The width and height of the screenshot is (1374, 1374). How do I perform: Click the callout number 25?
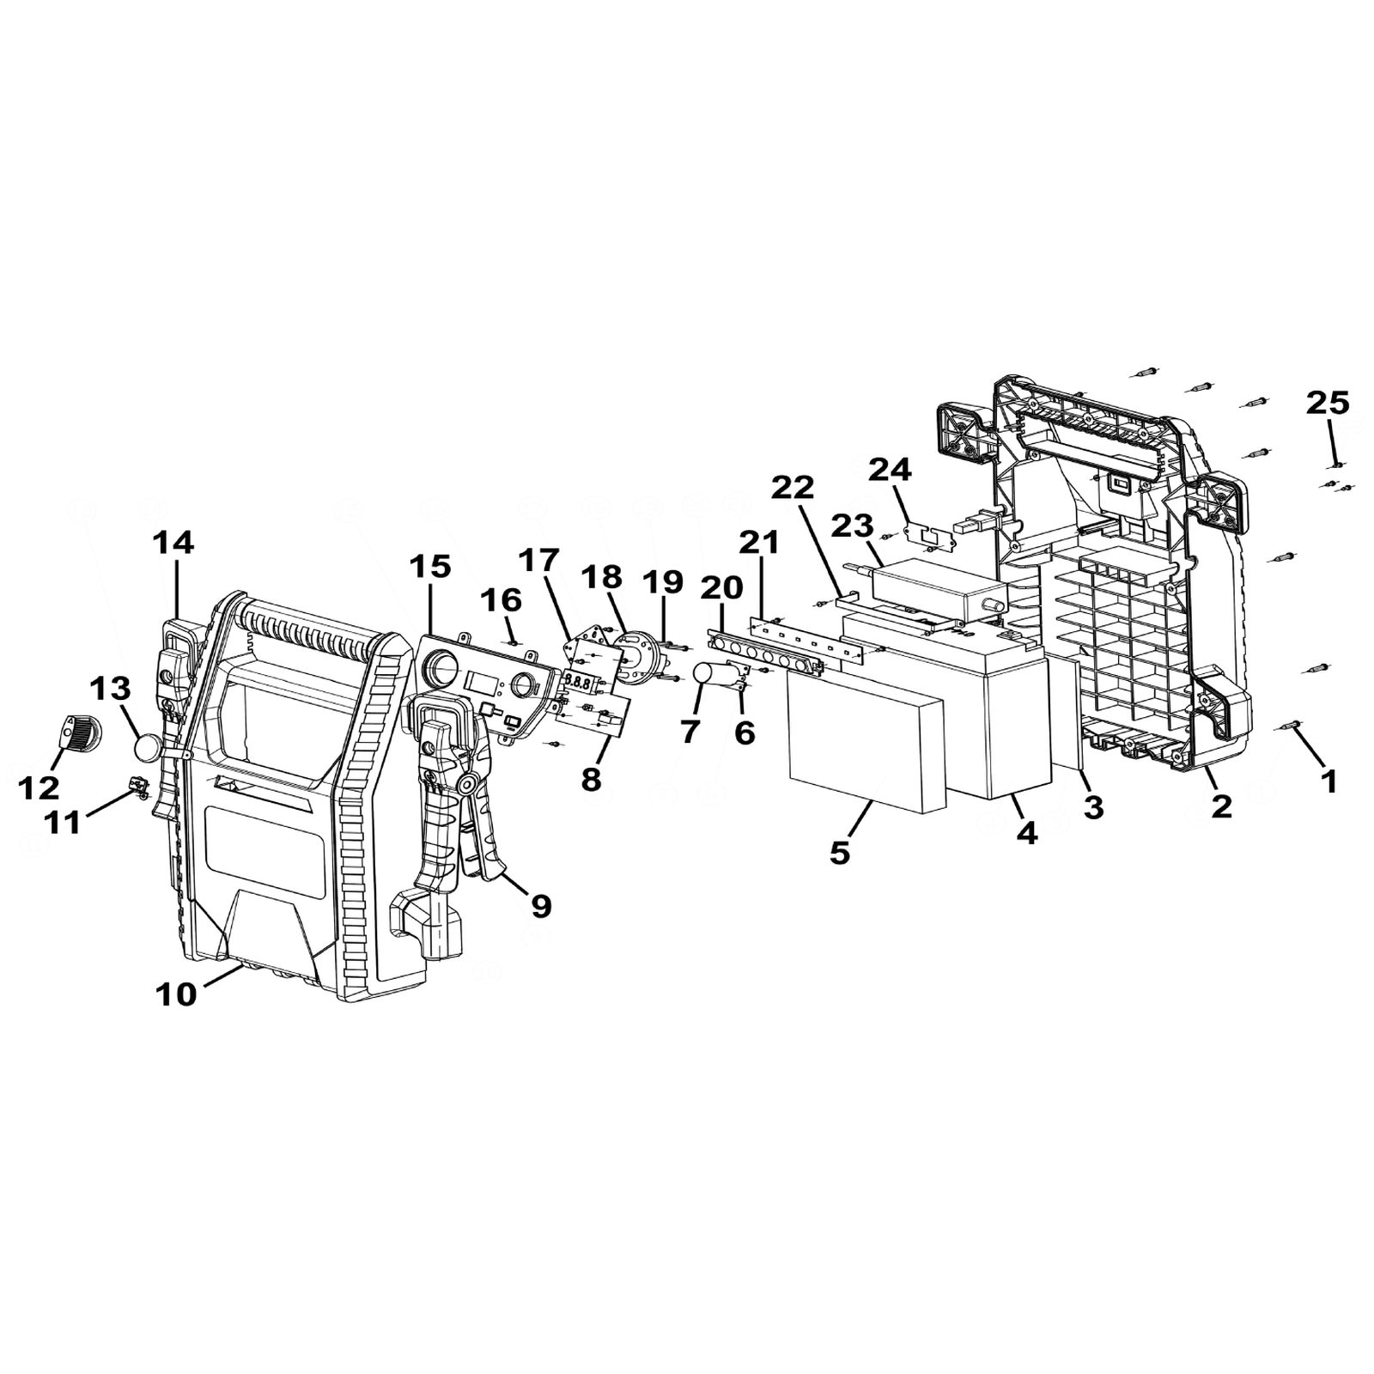coord(1328,402)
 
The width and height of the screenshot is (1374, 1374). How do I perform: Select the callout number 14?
coord(173,543)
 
